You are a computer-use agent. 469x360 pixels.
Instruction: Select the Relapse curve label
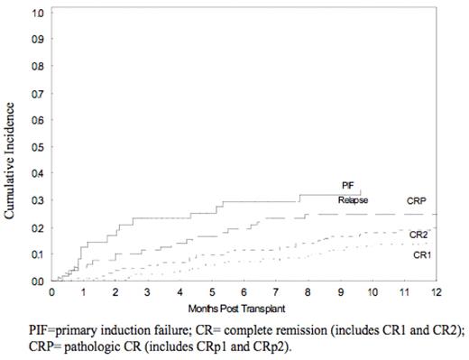coord(353,199)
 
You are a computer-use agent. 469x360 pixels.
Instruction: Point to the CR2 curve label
coord(418,235)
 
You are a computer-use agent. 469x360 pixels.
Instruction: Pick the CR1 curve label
coord(419,255)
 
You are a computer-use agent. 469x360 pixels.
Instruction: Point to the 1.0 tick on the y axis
coord(37,14)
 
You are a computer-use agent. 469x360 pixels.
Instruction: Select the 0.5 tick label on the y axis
coord(37,147)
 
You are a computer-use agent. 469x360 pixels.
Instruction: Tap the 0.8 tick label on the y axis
coord(37,67)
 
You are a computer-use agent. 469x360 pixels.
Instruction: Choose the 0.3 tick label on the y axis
coord(37,200)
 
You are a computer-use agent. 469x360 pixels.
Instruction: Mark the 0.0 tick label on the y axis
coord(37,281)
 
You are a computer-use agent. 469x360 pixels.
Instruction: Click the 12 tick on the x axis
coord(436,293)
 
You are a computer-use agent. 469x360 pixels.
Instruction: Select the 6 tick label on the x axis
coord(244,293)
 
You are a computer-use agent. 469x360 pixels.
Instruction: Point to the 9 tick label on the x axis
coord(340,293)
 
